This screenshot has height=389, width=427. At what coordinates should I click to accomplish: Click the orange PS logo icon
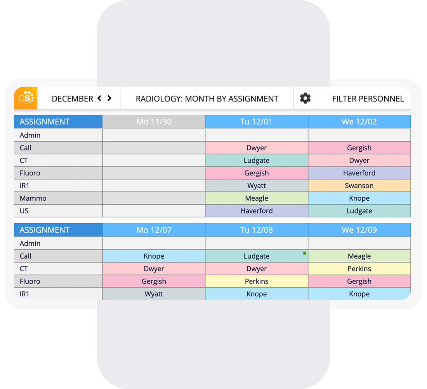[x=26, y=98]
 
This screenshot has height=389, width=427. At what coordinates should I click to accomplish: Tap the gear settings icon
[x=305, y=98]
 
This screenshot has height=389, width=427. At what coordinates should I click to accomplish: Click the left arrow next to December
[x=99, y=98]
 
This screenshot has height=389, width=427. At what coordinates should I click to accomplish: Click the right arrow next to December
[x=109, y=98]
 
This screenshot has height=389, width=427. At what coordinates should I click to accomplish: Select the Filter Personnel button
[x=368, y=99]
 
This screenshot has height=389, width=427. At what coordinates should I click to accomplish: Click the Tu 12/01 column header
[x=257, y=122]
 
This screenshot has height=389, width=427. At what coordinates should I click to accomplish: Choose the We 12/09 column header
[x=359, y=230]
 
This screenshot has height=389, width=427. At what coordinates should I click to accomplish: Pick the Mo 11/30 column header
[x=154, y=122]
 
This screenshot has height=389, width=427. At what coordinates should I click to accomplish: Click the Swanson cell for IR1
[x=359, y=186]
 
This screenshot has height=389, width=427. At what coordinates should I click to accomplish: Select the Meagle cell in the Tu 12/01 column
[x=257, y=198]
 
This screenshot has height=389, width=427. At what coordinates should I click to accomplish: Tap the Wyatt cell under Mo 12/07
[x=154, y=294]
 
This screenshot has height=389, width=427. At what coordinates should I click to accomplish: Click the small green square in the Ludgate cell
[x=305, y=253]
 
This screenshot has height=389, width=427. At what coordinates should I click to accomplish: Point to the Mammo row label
[x=33, y=198]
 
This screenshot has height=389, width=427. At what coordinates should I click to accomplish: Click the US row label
[x=24, y=211]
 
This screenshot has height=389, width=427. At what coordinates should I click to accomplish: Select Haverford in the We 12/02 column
[x=359, y=173]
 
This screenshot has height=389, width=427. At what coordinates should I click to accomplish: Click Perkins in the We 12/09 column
[x=359, y=269]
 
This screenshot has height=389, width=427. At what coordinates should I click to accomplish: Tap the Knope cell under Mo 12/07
[x=154, y=256]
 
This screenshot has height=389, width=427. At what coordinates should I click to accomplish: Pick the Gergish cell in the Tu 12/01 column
[x=257, y=173]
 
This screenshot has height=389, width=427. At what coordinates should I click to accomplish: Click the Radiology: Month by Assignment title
[x=207, y=99]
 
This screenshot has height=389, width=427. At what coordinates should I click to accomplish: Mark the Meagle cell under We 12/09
[x=359, y=256]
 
